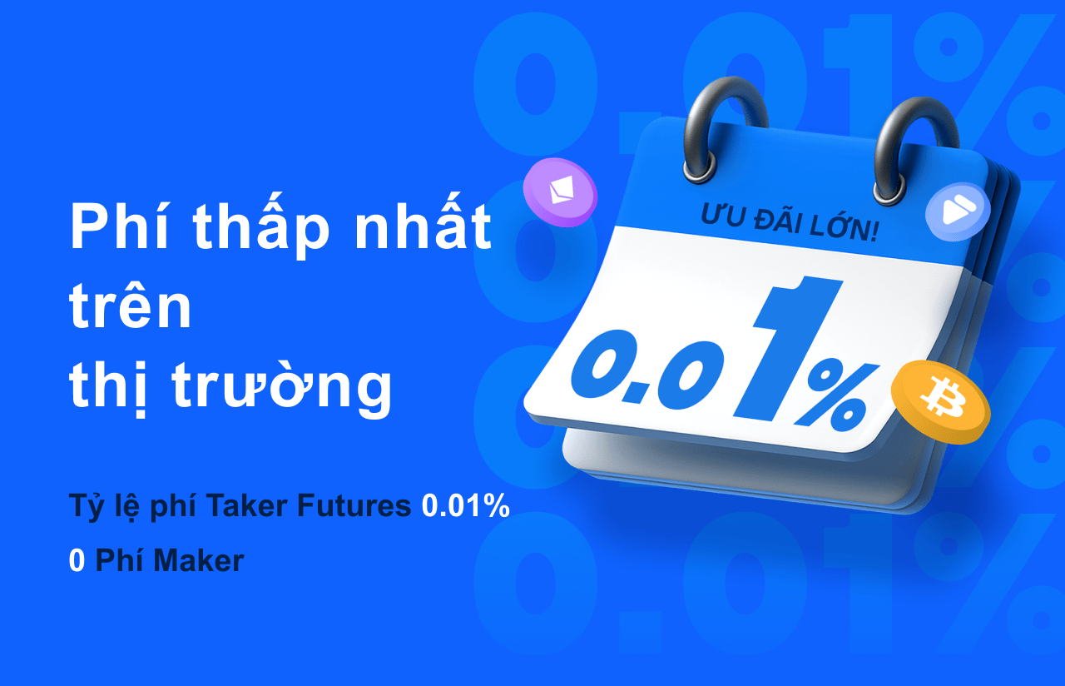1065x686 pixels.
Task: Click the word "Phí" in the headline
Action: pos(120,226)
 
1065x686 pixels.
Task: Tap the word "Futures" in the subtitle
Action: pos(354,505)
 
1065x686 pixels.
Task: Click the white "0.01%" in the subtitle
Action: pos(465,505)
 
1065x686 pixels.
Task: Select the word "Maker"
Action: pos(199,560)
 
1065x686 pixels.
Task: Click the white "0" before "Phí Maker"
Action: pos(77,560)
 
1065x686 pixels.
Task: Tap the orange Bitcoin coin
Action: pos(940,402)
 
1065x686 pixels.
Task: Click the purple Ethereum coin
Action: pos(560,191)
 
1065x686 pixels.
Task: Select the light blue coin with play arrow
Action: pos(958,213)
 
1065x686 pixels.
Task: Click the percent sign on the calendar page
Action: pos(837,397)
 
